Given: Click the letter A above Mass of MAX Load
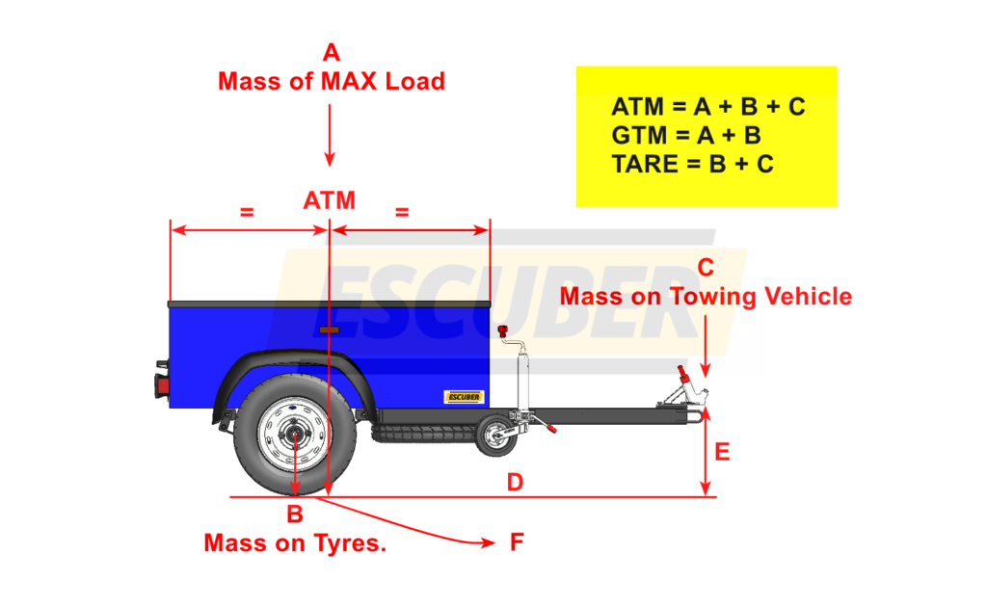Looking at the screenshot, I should [332, 52].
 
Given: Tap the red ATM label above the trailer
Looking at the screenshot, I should [330, 200].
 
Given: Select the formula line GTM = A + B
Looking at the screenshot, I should [685, 136].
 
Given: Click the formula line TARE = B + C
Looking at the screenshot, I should [691, 165].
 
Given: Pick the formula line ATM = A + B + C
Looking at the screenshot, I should [707, 107].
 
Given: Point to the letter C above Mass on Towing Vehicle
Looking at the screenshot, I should [706, 267].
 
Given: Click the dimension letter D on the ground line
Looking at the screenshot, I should [515, 482].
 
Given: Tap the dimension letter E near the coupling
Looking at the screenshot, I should [723, 451].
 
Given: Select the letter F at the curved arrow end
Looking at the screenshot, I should [517, 542].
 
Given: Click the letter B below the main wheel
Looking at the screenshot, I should [295, 515].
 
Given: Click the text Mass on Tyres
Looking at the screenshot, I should [295, 543].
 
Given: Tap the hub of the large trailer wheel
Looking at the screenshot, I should [295, 435].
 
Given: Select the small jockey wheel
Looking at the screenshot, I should [497, 435].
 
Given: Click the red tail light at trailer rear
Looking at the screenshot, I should [162, 385].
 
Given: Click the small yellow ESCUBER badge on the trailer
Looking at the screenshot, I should [464, 396].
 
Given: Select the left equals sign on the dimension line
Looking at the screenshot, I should [247, 211].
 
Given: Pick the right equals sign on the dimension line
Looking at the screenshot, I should [403, 211].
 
